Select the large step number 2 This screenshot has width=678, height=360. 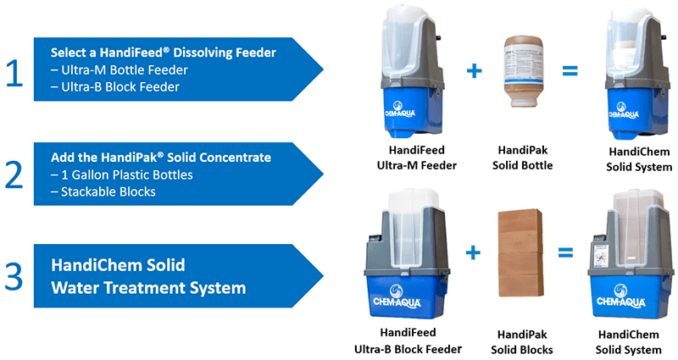coord(14,173)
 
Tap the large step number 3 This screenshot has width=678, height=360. coord(14,276)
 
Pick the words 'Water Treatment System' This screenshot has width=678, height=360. coord(148,288)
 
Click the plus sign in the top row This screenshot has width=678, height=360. coord(474,72)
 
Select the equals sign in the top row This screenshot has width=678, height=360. coord(570,71)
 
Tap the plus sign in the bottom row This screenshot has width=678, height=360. coord(473,252)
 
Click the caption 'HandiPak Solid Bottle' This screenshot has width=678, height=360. coord(522,158)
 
